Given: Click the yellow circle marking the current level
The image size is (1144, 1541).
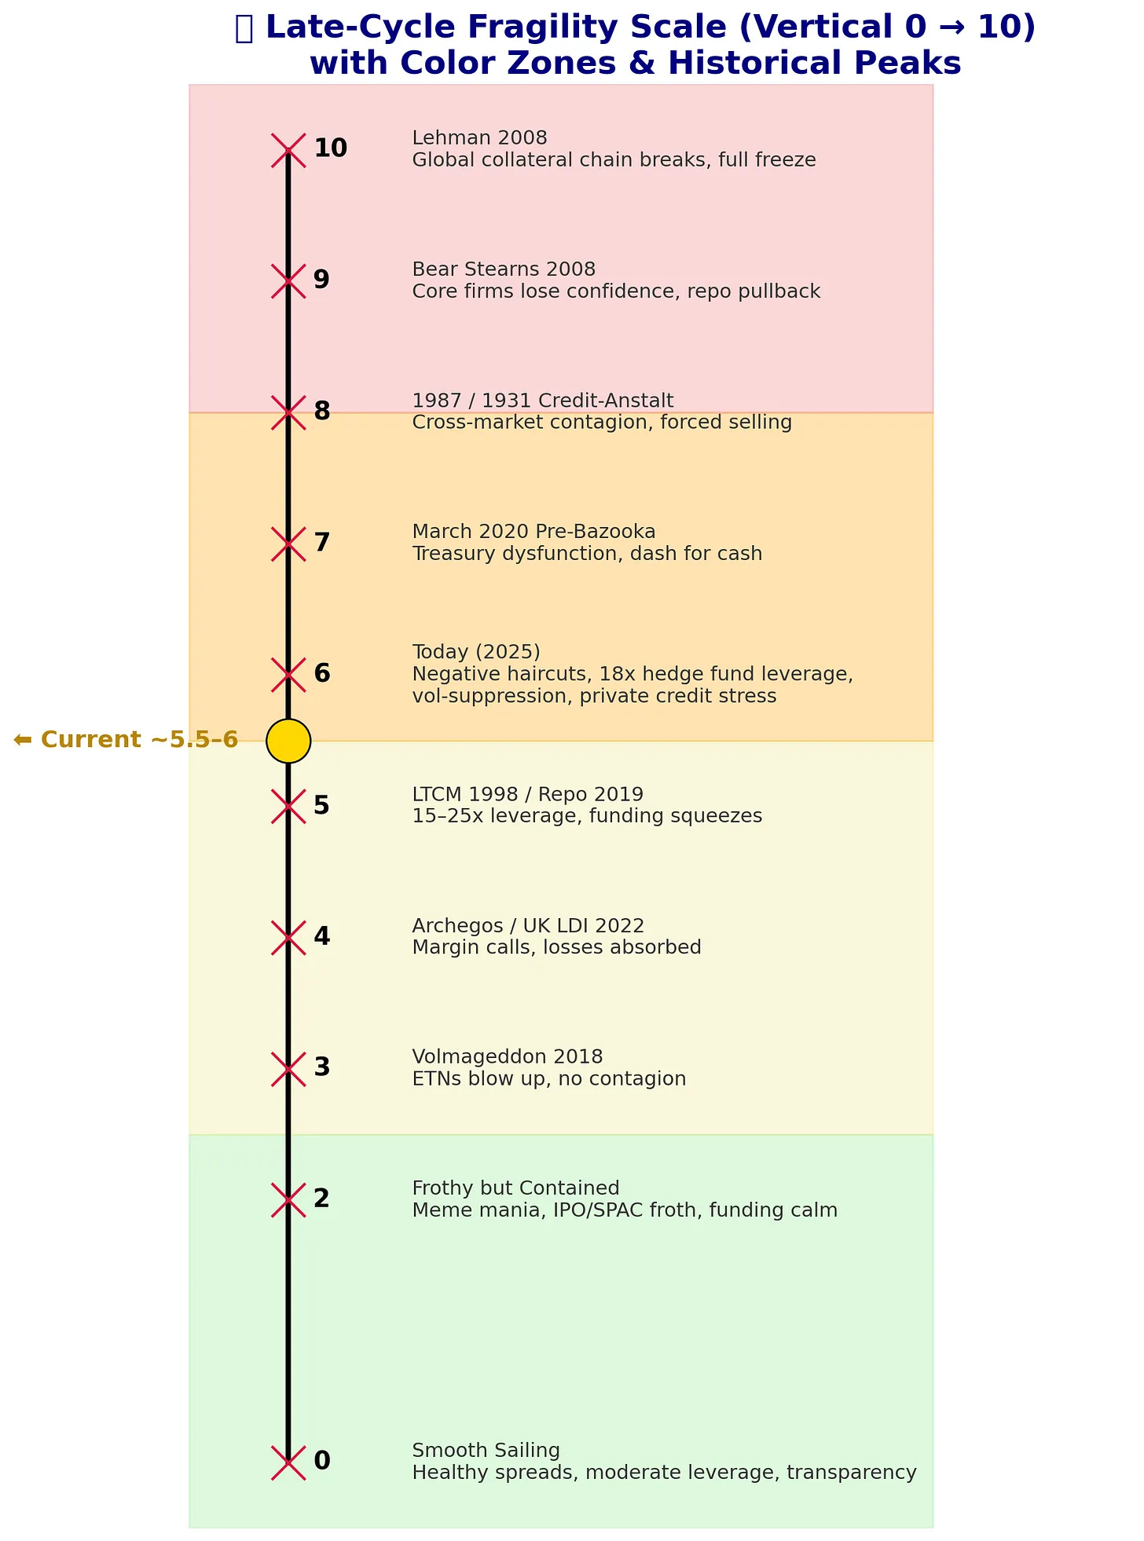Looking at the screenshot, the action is click(288, 741).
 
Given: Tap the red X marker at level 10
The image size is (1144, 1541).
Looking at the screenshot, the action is click(288, 150).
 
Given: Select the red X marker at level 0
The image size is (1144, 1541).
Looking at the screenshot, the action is click(288, 1462).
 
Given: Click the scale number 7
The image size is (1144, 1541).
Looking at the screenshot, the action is click(321, 543).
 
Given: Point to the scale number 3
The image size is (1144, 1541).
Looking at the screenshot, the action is click(321, 1067).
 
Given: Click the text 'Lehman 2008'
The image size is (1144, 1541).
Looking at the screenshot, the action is click(479, 138).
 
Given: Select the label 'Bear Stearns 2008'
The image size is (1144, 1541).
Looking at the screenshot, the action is click(504, 269).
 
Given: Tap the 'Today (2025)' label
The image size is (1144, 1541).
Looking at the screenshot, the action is click(476, 652).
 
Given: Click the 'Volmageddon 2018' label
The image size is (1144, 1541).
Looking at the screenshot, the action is click(508, 1057).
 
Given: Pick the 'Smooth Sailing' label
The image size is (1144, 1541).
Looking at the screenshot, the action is click(486, 1451).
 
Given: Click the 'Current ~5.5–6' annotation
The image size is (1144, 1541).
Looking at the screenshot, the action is click(126, 740).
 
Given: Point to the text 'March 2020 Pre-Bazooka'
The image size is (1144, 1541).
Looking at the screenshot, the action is click(533, 533).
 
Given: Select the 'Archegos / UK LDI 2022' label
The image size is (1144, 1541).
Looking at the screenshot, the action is click(528, 926).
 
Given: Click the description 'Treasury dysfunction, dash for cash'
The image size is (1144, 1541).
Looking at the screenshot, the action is click(587, 554).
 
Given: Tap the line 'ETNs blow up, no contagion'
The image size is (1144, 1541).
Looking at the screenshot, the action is click(548, 1079).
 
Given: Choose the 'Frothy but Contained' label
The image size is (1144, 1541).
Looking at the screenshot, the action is click(515, 1188).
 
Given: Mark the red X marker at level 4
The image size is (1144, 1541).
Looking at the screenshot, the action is click(288, 938).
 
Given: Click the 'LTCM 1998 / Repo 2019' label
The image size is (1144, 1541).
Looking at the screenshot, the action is click(527, 795).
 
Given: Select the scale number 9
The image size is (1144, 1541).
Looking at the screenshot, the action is click(321, 280).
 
